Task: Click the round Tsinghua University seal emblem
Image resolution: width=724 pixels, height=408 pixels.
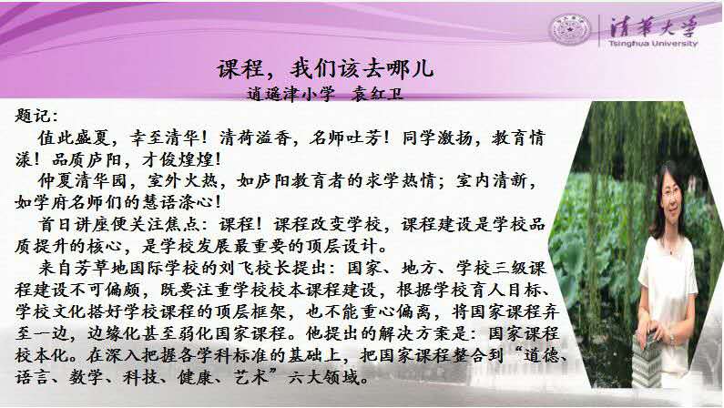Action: point(571,29)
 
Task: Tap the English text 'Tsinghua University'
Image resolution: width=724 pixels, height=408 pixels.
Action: point(653,44)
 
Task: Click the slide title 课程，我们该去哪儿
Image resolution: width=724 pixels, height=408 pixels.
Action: point(325,69)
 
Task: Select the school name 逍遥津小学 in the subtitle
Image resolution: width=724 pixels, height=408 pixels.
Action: point(291,94)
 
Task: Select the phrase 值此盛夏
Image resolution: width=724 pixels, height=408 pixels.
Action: point(74,138)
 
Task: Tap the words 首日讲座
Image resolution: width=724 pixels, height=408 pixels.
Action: point(74,224)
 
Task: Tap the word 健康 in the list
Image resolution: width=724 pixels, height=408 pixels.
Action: point(194,378)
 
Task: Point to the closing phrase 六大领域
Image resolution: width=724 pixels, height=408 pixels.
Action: point(322,378)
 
